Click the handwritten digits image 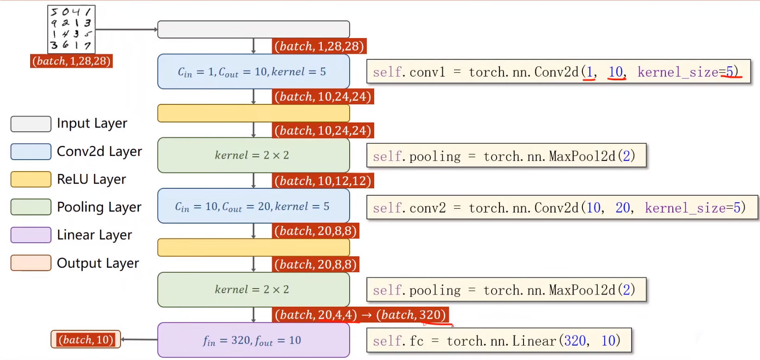pyautogui.click(x=71, y=29)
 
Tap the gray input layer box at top pyautogui.click(x=253, y=29)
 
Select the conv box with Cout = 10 pyautogui.click(x=253, y=72)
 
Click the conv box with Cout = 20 pyautogui.click(x=253, y=206)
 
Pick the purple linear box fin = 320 pyautogui.click(x=253, y=340)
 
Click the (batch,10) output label pyautogui.click(x=86, y=340)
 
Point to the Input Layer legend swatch pyautogui.click(x=31, y=124)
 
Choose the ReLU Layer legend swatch pyautogui.click(x=31, y=179)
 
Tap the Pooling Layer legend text pyautogui.click(x=99, y=207)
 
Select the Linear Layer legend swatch pyautogui.click(x=31, y=235)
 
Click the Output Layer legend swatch pyautogui.click(x=31, y=263)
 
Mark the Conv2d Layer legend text pyautogui.click(x=99, y=151)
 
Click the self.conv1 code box pyautogui.click(x=558, y=72)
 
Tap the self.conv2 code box pyautogui.click(x=562, y=207)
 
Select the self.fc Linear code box pyautogui.click(x=498, y=341)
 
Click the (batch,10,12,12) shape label pyautogui.click(x=323, y=180)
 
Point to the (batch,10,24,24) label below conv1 pyautogui.click(x=323, y=96)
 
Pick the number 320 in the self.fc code pyautogui.click(x=575, y=341)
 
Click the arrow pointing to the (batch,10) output pyautogui.click(x=139, y=340)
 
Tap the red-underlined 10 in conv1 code pyautogui.click(x=616, y=72)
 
